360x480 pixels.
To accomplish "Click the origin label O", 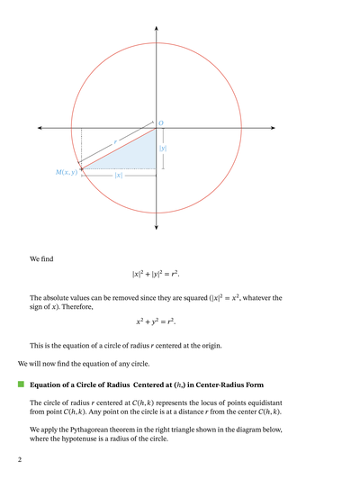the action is click(x=161, y=122).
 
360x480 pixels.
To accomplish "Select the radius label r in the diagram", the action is click(x=114, y=142).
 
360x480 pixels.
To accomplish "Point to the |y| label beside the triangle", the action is click(x=163, y=148).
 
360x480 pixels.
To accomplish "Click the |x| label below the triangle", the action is click(x=119, y=176).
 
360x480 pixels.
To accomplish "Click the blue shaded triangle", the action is click(x=135, y=155).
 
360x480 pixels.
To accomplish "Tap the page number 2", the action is click(x=19, y=459).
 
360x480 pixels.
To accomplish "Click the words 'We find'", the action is click(x=41, y=258).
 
